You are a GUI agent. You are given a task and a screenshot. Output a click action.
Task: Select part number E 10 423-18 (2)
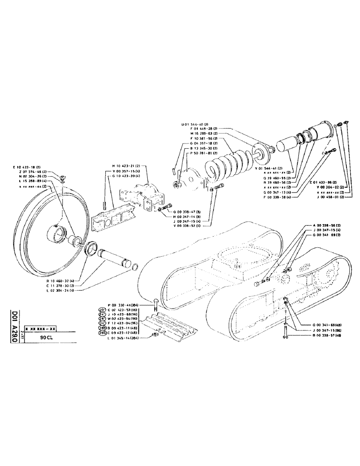[x=31, y=167]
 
